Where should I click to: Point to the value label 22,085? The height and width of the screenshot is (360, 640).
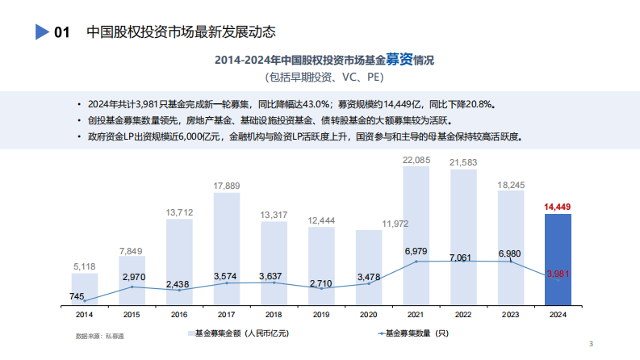416,161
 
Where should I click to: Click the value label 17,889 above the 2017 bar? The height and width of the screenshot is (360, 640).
227,186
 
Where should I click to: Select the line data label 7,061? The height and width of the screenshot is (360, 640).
463,257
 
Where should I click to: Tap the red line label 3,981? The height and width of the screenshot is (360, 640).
558,274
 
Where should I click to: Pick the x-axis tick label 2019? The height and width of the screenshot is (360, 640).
321,314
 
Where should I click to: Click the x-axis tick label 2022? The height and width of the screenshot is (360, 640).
463,314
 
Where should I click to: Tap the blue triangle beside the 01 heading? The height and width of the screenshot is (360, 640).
42,32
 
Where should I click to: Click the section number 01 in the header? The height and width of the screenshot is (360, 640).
61,33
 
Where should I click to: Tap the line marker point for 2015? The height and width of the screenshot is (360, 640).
132,287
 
